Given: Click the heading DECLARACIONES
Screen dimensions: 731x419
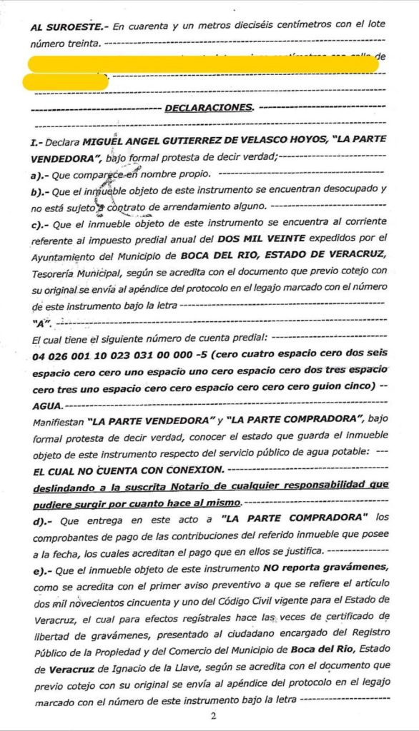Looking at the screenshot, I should [x=209, y=109].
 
